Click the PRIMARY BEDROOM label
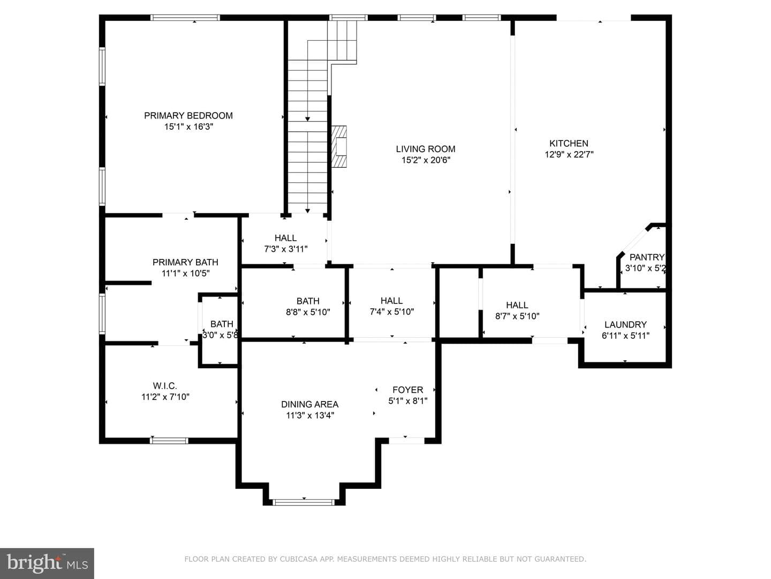(x=188, y=116)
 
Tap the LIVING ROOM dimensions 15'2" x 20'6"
(x=426, y=160)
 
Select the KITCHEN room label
(x=569, y=144)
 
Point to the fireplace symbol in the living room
(x=339, y=146)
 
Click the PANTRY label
(x=647, y=257)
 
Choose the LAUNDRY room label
(x=625, y=324)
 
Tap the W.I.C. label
(x=165, y=386)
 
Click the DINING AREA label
(x=310, y=404)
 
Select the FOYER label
(x=408, y=390)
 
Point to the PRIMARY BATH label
(x=185, y=262)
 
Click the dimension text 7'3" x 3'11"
(x=286, y=249)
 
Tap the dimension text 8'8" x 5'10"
(x=308, y=312)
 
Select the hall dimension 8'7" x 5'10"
(x=517, y=316)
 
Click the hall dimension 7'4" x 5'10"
(x=391, y=312)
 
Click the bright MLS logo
(x=47, y=563)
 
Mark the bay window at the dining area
(x=304, y=502)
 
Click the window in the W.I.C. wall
(x=169, y=441)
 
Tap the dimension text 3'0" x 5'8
(x=220, y=336)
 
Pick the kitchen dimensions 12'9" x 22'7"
(x=569, y=154)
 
